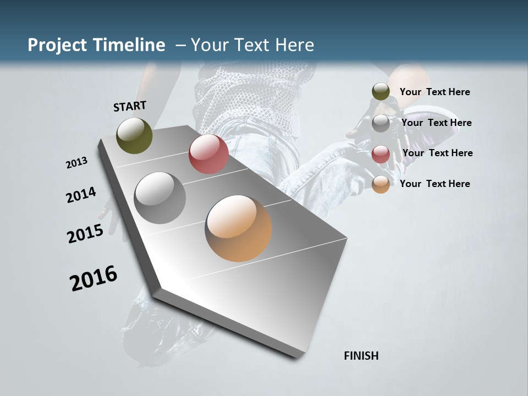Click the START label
(x=130, y=106)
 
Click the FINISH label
(x=361, y=356)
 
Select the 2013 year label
(x=77, y=163)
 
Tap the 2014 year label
(x=81, y=195)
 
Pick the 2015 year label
(x=85, y=234)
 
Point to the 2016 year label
(x=94, y=278)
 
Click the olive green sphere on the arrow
(x=135, y=135)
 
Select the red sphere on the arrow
(x=208, y=154)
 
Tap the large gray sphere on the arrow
(x=160, y=198)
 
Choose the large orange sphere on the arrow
(x=238, y=228)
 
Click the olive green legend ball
(x=381, y=92)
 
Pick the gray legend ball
(x=381, y=123)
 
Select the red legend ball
(x=381, y=154)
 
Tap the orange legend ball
(x=381, y=184)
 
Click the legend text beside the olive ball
(x=435, y=92)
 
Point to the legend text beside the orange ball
(x=435, y=184)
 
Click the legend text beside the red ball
(x=437, y=153)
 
